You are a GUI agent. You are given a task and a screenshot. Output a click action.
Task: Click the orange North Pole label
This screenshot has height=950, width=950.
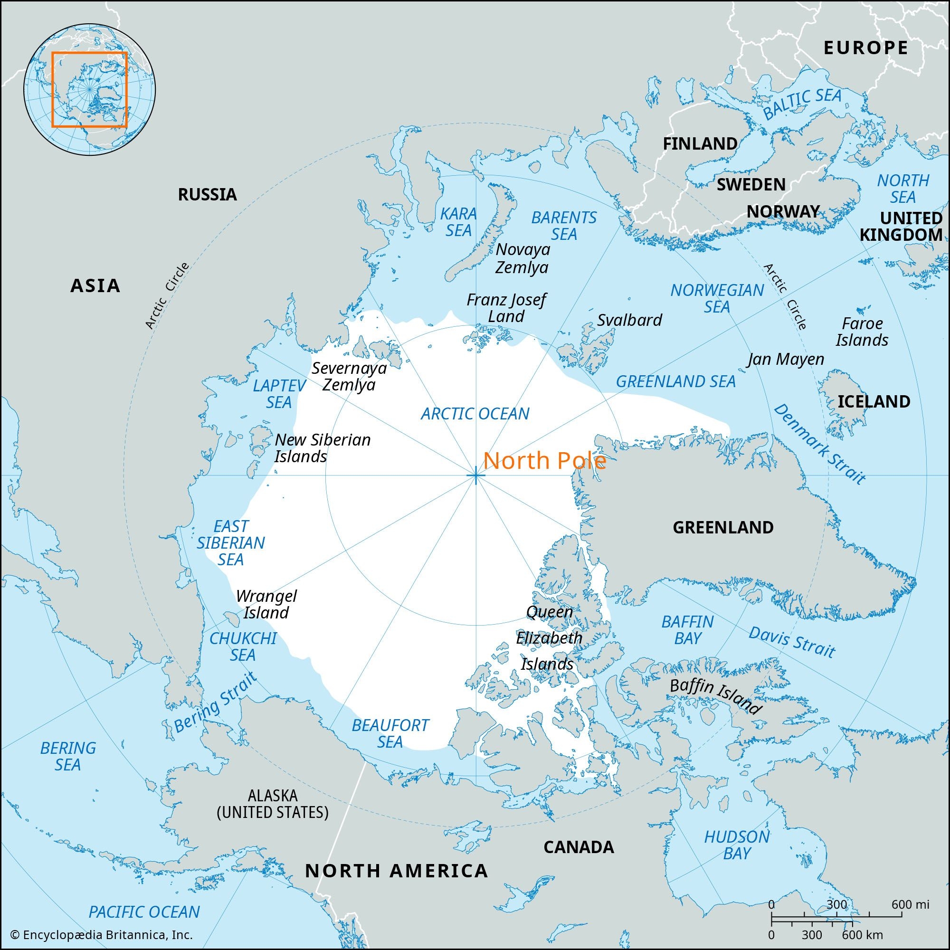click(x=544, y=461)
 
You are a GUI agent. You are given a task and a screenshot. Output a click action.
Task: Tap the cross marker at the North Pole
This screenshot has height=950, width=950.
click(x=475, y=475)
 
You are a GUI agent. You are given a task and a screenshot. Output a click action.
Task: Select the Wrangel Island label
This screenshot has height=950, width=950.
click(x=266, y=604)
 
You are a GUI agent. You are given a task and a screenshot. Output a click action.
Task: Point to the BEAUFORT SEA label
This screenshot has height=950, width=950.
click(x=390, y=733)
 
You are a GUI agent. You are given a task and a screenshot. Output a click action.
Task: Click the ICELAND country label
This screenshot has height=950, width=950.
click(x=874, y=402)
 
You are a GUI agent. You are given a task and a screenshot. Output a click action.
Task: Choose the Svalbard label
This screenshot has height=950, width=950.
click(x=629, y=320)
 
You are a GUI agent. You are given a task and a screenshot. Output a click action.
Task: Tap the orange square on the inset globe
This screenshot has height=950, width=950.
click(x=89, y=89)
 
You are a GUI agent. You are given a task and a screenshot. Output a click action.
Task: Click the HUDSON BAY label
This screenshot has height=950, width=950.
click(x=737, y=845)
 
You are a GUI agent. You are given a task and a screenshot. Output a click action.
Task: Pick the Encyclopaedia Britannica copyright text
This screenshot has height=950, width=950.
click(x=101, y=935)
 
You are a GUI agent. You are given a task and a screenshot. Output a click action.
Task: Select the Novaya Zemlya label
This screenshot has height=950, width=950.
click(x=522, y=258)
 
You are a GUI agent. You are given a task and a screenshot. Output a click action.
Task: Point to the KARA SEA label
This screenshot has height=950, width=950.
click(x=458, y=222)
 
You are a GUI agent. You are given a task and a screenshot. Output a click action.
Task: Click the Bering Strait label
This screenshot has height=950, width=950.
click(x=215, y=703)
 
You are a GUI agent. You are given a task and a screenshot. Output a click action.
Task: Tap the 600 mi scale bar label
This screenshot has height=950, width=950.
click(x=910, y=904)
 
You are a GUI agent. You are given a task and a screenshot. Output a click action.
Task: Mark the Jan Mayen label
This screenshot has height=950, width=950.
click(x=786, y=359)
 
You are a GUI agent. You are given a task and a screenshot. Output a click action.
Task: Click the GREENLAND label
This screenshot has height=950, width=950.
click(x=723, y=528)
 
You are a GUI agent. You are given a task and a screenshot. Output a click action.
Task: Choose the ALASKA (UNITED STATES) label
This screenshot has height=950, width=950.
click(x=272, y=804)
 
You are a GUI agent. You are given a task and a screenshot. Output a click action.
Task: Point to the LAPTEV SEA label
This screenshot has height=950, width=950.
click(x=279, y=394)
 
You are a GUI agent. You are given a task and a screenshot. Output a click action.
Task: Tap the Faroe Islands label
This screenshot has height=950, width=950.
click(x=862, y=332)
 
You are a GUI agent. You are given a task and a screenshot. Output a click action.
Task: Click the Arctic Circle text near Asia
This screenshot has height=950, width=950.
click(x=167, y=295)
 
